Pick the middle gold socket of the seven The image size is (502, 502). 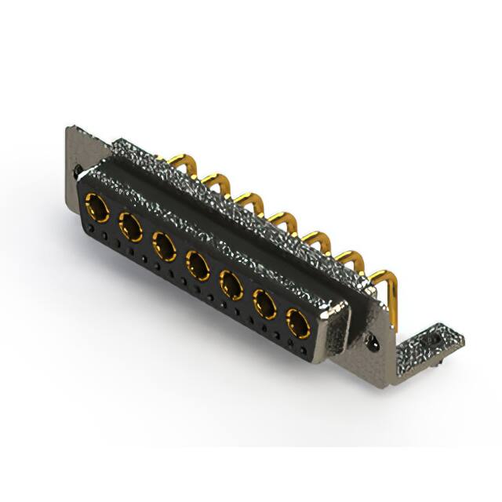point(198,264)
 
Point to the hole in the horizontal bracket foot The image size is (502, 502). point(432,341)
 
